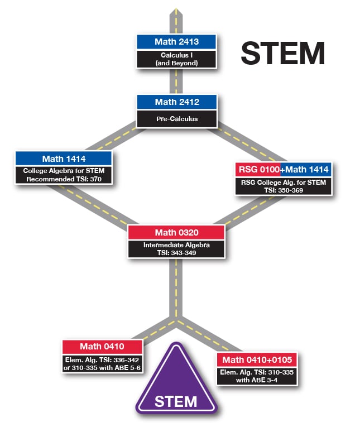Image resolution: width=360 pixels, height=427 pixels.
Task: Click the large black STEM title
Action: tap(282, 53)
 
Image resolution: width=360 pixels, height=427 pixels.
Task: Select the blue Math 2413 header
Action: tap(176, 41)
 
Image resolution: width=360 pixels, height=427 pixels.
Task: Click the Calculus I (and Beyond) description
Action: tap(176, 59)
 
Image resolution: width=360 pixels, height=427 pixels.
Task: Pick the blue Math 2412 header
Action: tap(177, 102)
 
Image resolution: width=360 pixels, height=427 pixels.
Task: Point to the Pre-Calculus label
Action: tap(176, 118)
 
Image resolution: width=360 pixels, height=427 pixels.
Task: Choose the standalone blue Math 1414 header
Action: tap(64, 159)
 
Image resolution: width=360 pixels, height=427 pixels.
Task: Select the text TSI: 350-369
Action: tap(283, 190)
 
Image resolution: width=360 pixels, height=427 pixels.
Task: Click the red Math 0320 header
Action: tap(176, 232)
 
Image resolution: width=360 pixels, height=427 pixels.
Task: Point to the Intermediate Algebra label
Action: tap(176, 244)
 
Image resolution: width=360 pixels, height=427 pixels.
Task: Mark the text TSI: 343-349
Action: tap(176, 252)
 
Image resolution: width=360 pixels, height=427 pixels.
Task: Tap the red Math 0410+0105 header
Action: tap(257, 359)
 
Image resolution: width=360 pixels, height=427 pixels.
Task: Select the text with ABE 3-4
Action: tap(257, 380)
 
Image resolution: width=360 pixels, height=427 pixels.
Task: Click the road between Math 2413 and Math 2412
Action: tap(176, 81)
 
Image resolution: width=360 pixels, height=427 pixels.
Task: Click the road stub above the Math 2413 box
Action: tap(176, 20)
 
